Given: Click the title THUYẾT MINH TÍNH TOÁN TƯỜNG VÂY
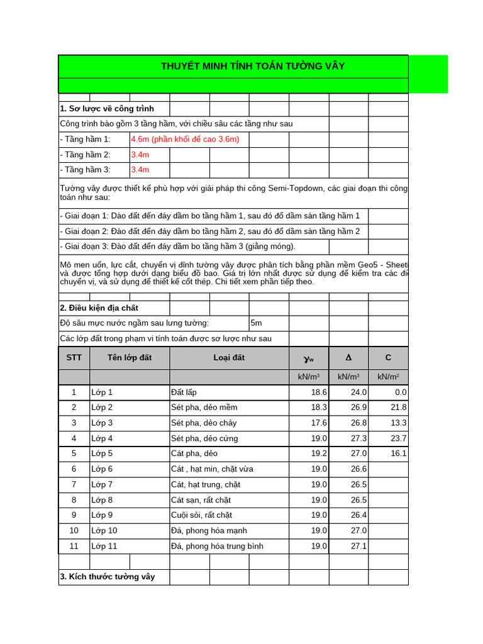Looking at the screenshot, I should point(253,67).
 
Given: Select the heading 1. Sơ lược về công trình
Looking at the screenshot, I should point(107,109).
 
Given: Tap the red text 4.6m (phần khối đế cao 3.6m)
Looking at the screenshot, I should point(185,139).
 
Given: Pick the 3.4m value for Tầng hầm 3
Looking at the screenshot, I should point(140,170).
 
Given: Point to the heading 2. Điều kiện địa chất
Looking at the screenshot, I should point(99,308).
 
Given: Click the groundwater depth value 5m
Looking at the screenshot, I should point(257,323).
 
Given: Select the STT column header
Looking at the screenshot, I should point(74,358).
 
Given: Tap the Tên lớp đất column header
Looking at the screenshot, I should point(130,358).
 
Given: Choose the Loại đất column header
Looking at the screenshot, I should point(229,358).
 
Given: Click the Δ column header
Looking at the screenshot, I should point(348,358).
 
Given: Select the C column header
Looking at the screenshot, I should point(388,358).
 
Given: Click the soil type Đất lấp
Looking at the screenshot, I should point(184,392).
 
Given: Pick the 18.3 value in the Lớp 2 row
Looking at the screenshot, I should point(319,408).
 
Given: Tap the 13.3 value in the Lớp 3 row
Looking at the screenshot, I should point(398,423).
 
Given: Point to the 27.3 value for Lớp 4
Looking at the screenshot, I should point(358,438).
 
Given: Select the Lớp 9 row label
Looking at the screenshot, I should point(103,515).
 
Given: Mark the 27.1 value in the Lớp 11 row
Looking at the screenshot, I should point(358,546).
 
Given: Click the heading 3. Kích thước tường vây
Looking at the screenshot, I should point(108,577).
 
